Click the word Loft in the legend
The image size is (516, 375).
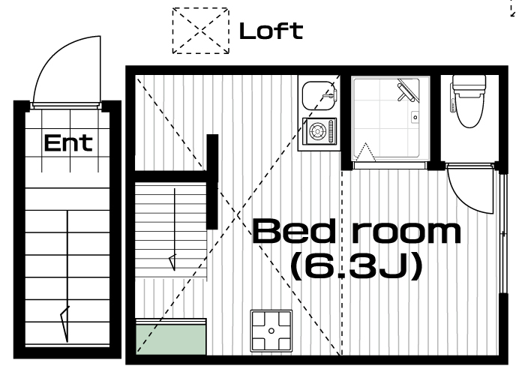[271, 31]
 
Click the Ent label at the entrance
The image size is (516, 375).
[67, 142]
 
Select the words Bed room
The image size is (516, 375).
[357, 232]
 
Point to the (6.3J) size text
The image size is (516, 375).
[357, 265]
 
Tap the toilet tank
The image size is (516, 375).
[469, 83]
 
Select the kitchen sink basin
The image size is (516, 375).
[319, 96]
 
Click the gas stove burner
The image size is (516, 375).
[317, 131]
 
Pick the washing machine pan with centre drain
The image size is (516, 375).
[271, 331]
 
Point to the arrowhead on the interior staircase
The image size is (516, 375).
[172, 262]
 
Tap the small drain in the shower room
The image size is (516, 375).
[415, 117]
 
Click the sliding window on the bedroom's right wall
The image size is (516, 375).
[502, 233]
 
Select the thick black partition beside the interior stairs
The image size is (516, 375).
[212, 181]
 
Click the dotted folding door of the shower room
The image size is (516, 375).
[365, 152]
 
